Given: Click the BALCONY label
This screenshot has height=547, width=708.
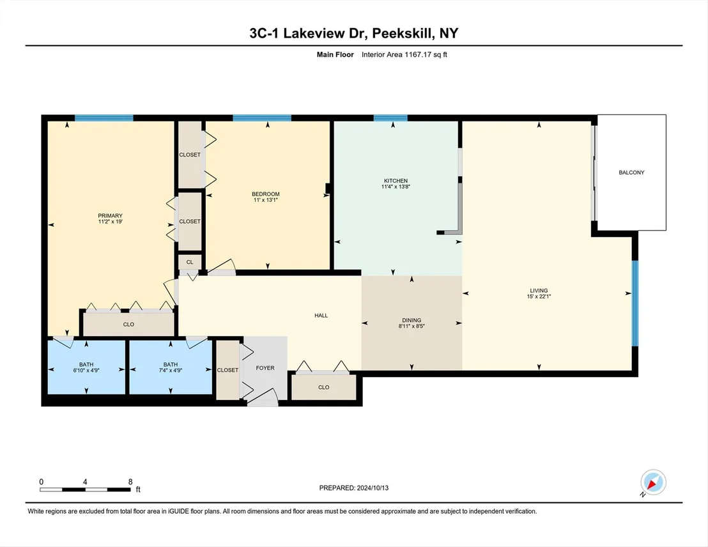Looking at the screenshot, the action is pos(631,173).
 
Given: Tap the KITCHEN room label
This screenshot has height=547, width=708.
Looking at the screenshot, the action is pos(396,181).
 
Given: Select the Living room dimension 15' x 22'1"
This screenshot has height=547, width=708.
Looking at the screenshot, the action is pos(539,297).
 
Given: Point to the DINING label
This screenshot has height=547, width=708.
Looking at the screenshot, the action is pos(412,320).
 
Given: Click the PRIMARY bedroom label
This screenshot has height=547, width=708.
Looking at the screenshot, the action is pos(110,216).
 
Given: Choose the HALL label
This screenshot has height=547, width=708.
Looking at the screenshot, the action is pos(321,315).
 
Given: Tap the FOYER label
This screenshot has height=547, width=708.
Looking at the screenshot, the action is pos(265,368).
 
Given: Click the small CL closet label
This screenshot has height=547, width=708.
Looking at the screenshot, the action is pos(190,262).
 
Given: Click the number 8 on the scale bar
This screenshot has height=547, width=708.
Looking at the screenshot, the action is pos(130,482).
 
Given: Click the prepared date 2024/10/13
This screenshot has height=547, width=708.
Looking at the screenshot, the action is pos(373,488).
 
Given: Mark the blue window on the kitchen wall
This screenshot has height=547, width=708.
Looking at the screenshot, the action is pos(390,118).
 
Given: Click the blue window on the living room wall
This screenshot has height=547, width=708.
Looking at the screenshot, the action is pos(635,303).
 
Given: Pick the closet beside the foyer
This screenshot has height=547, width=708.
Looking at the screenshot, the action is pos(227,370).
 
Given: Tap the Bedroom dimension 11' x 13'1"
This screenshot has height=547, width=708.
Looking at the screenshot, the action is pos(266,199).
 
